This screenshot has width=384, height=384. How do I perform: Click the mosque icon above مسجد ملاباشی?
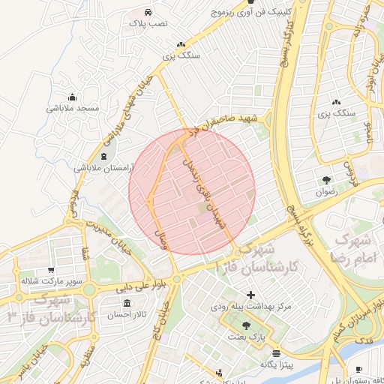pyautogui.click(x=72, y=96)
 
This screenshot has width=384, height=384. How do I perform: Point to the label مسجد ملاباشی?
pyautogui.click(x=73, y=109)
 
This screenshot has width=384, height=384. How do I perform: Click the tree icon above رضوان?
pyautogui.click(x=326, y=179)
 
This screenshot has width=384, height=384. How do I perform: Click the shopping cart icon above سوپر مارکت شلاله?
pyautogui.click(x=50, y=270)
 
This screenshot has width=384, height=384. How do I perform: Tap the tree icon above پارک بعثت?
pyautogui.click(x=247, y=325)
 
